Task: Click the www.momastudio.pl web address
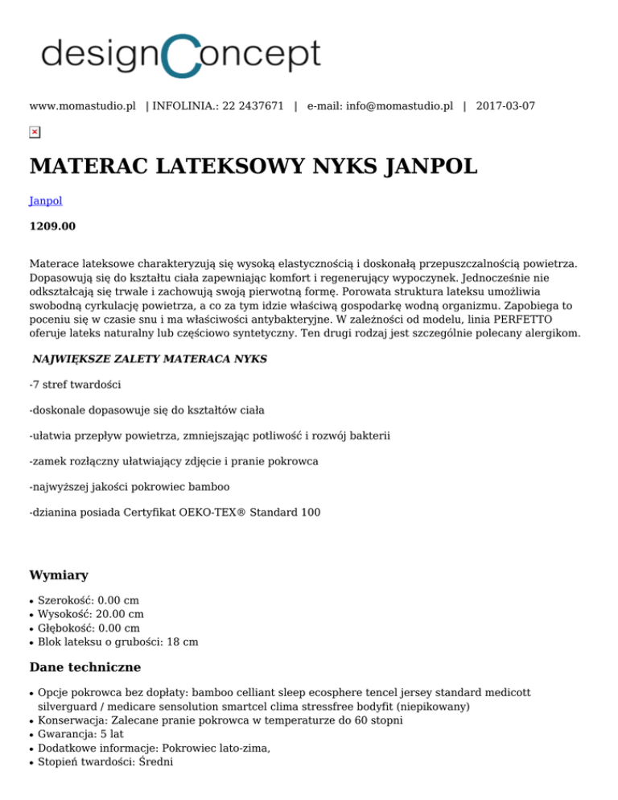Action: coord(82,105)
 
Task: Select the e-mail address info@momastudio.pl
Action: coord(399,105)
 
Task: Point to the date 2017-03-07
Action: coord(505,105)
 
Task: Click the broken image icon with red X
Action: coord(35,132)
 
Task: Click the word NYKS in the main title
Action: coord(343,167)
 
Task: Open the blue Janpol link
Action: coord(46,201)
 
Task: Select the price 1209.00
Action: coord(52,226)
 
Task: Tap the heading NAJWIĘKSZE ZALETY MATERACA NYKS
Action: coord(150,357)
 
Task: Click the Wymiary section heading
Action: coord(58,575)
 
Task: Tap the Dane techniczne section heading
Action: coord(84,667)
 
